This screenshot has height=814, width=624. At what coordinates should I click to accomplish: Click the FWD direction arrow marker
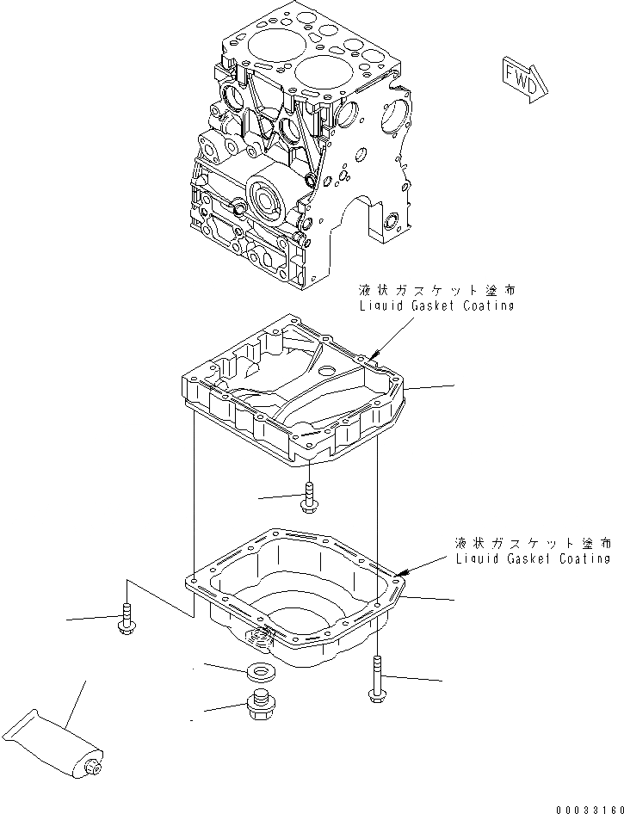pos(522,75)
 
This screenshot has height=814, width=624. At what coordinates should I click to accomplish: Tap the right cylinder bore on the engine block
pos(327,75)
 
